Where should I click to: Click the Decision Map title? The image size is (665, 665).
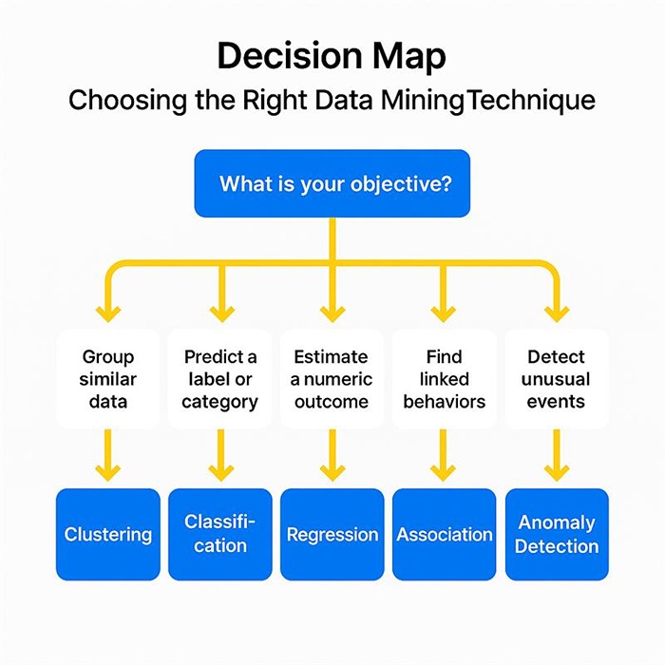point(332,56)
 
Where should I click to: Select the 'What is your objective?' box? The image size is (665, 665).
point(332,182)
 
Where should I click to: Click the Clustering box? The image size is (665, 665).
point(108,534)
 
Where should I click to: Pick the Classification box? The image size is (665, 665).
point(220,534)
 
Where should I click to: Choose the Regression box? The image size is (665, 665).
point(332,534)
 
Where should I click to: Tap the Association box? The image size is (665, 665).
point(445,534)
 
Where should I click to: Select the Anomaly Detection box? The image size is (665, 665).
point(557,534)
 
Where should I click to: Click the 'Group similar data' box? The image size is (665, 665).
point(108,378)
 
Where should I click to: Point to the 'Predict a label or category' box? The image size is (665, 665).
point(220,378)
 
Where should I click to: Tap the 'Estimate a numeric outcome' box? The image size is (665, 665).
point(332,378)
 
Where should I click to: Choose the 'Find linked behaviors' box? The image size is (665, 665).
point(445,378)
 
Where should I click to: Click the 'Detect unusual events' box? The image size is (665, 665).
point(557,378)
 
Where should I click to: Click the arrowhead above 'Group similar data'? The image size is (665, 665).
point(108,312)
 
